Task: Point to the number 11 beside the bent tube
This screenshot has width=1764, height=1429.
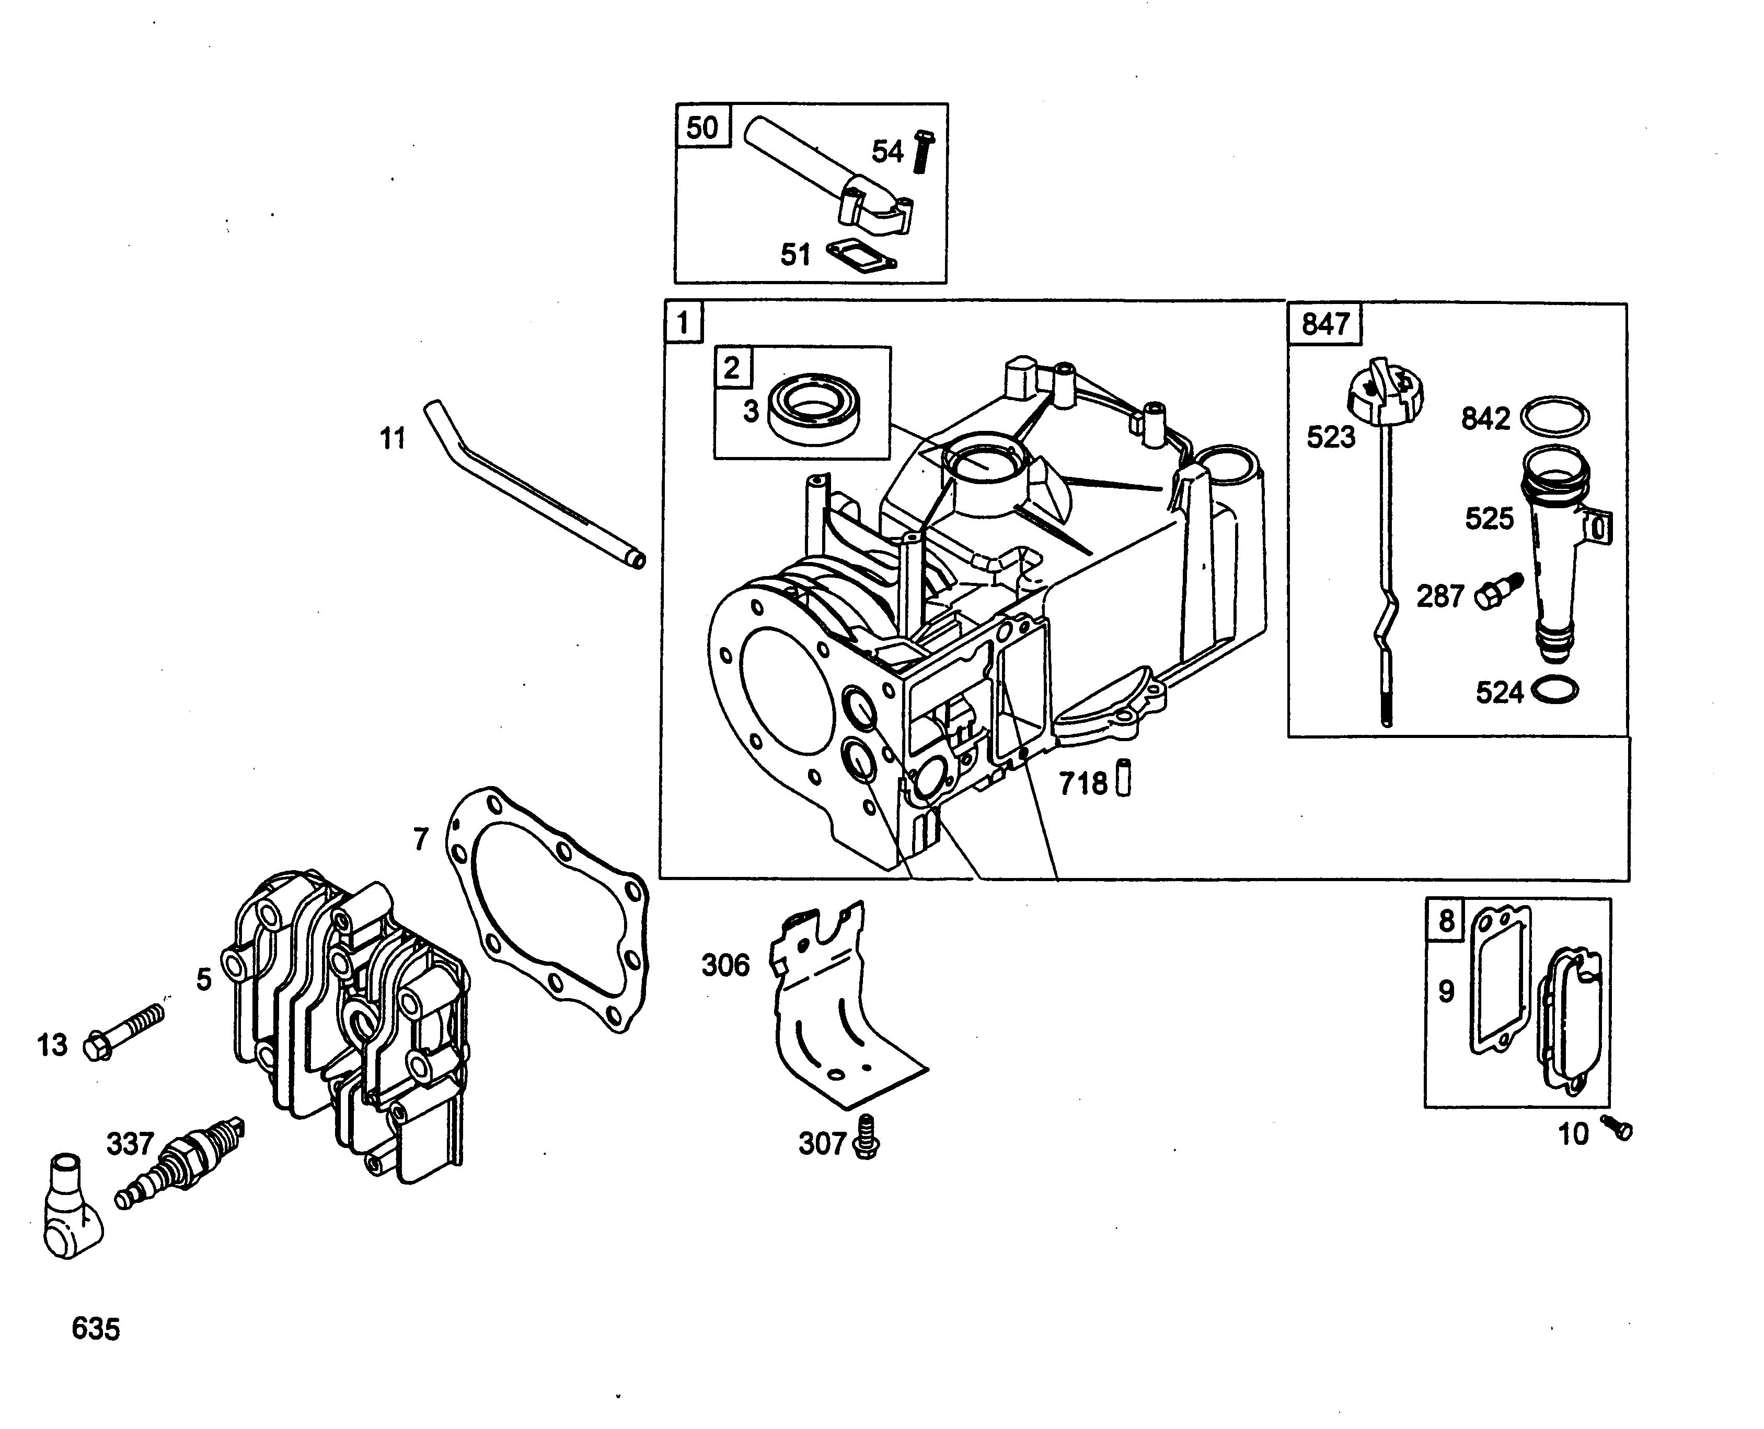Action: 393,439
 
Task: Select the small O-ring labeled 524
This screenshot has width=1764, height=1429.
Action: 1551,690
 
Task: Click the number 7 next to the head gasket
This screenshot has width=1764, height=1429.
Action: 421,840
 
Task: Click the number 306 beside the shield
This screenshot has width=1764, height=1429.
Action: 725,965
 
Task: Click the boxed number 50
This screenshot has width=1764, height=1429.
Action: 701,128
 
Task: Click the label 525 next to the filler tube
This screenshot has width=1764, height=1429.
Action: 1489,519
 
